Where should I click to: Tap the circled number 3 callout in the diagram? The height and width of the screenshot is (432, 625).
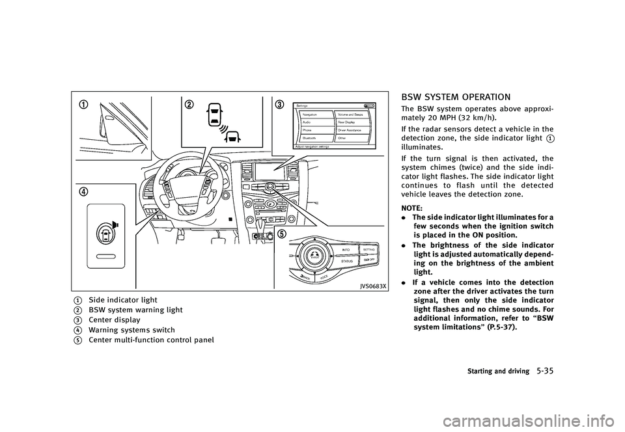tap(279, 105)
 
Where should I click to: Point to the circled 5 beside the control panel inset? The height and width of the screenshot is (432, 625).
tap(281, 235)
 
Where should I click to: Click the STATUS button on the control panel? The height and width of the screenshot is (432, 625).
tap(347, 260)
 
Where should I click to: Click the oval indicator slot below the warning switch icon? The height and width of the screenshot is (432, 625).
tap(106, 256)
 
